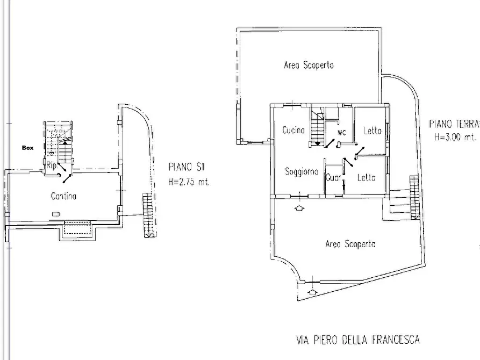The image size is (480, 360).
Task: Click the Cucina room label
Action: tap(293, 130)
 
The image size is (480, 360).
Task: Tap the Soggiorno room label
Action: tap(302, 171)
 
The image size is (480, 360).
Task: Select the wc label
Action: tap(342, 132)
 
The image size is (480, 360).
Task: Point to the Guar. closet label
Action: tap(334, 177)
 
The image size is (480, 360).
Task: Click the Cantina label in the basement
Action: tap(63, 196)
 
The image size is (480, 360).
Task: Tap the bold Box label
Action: tap(27, 148)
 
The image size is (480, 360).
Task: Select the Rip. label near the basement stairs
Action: tap(52, 165)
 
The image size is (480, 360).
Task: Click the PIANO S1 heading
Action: tap(187, 167)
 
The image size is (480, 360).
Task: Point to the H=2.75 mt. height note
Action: tap(189, 182)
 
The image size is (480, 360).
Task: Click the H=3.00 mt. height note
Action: tap(455, 136)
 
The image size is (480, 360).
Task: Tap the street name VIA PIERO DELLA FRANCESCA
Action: tap(358, 340)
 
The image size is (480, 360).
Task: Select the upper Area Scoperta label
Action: tap(309, 65)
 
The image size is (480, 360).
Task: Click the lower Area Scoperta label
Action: tap(350, 244)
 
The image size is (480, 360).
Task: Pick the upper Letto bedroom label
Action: tap(372, 131)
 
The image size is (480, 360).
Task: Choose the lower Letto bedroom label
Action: tap(366, 177)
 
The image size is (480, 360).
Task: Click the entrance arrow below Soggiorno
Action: tap(299, 208)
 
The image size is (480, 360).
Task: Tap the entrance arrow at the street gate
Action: tap(312, 292)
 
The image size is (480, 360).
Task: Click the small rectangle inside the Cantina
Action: tap(56, 214)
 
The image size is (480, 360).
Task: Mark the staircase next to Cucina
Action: tap(318, 126)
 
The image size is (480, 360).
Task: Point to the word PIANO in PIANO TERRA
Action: tap(440, 124)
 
